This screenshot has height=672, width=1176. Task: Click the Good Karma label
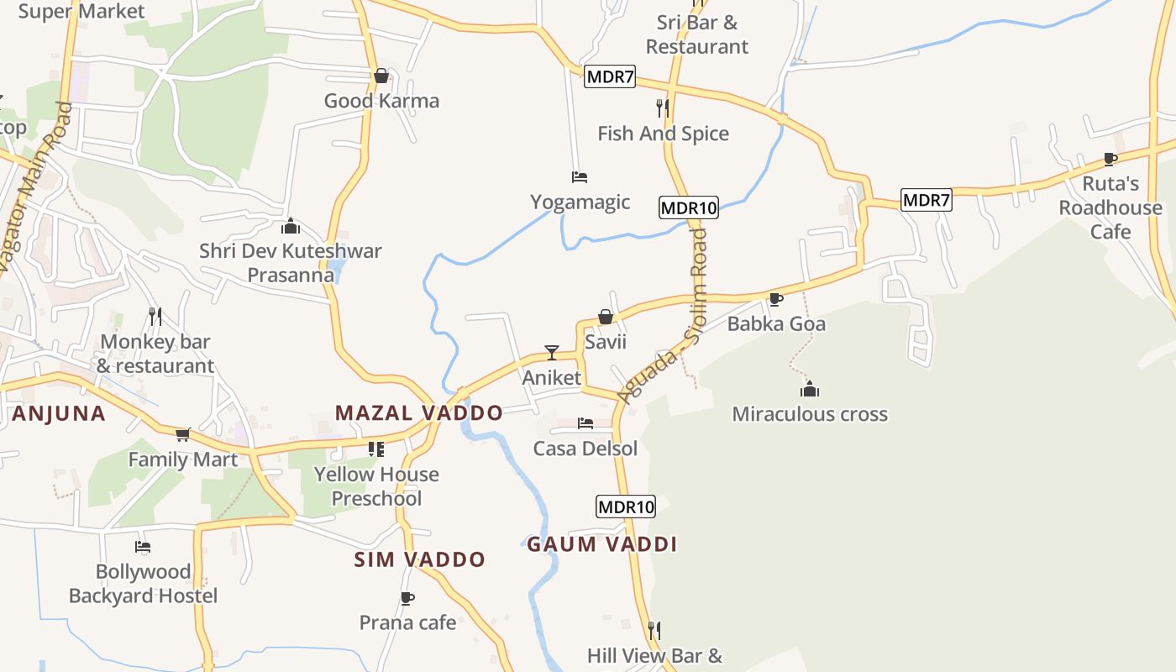click(x=381, y=101)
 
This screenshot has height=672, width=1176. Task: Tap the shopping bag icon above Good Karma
click(x=381, y=76)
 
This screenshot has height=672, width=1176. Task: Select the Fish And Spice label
click(x=663, y=134)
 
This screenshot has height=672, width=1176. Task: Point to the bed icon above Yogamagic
click(x=580, y=177)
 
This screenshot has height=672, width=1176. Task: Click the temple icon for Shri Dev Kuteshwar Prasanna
click(x=291, y=226)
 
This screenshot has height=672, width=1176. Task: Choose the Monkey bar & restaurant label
click(x=155, y=354)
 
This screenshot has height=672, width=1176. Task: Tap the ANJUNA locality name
click(x=59, y=413)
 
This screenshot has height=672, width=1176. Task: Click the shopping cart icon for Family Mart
click(x=183, y=434)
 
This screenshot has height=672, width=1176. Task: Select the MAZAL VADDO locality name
click(x=419, y=413)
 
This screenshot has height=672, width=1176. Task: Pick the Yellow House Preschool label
click(x=376, y=486)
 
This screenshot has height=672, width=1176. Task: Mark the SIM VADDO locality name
click(x=420, y=559)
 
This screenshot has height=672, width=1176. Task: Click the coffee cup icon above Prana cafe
click(x=407, y=598)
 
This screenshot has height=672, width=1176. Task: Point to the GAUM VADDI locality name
click(x=601, y=544)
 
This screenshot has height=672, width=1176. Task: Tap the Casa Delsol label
click(x=585, y=449)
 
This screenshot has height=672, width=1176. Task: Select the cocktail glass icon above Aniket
click(x=552, y=353)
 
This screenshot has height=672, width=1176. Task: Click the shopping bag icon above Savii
click(x=605, y=317)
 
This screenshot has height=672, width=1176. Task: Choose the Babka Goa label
click(x=776, y=324)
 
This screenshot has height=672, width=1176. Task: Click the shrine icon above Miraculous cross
click(x=810, y=389)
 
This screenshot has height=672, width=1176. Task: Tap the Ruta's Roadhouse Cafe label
click(x=1110, y=207)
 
